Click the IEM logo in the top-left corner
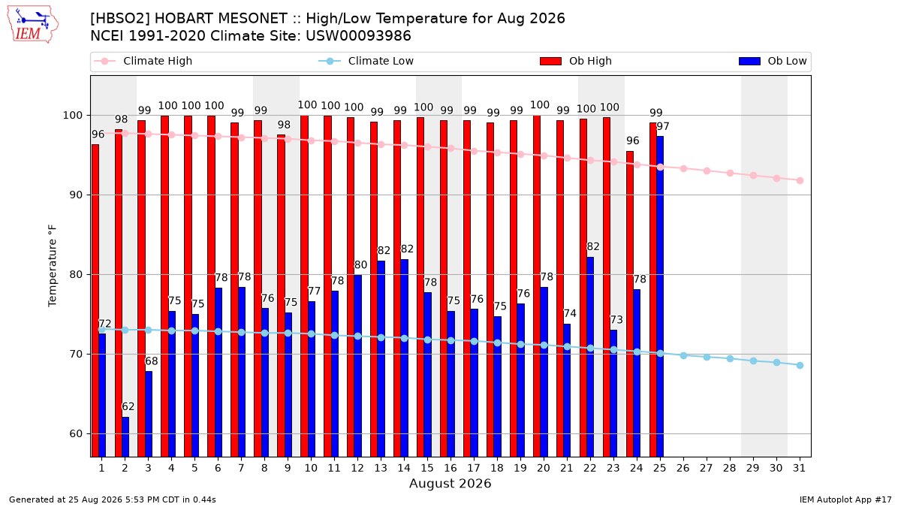(33, 24)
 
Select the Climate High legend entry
(143, 61)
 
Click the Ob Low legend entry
(773, 61)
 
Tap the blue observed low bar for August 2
(125, 437)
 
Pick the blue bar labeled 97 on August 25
(660, 297)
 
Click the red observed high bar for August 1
(95, 301)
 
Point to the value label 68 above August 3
(151, 361)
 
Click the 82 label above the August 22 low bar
(593, 246)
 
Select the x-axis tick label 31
(799, 469)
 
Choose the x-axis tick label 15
(427, 469)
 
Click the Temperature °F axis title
(53, 266)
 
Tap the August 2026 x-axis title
(450, 483)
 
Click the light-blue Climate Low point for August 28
(730, 359)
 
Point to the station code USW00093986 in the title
(358, 36)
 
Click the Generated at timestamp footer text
(112, 499)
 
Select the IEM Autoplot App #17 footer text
(845, 499)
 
